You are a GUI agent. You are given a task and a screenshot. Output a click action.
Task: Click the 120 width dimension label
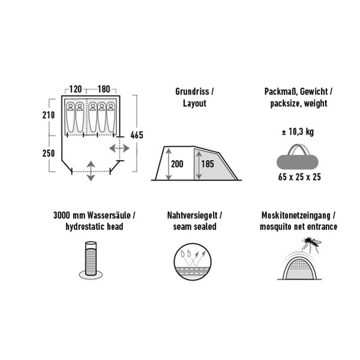tap(76, 89)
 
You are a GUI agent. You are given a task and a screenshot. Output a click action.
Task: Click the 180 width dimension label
tap(104, 89)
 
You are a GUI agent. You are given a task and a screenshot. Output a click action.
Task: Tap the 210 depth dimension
tap(49, 115)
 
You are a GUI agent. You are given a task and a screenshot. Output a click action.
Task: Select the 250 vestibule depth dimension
tap(49, 154)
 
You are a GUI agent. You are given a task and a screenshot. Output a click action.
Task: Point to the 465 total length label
tap(137, 135)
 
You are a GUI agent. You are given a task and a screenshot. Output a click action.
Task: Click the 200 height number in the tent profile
tap(177, 164)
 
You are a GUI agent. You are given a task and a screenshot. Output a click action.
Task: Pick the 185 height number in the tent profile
tap(208, 164)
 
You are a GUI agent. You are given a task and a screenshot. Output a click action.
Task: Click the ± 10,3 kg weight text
tap(298, 132)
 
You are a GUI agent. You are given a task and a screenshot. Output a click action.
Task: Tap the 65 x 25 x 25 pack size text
tap(299, 177)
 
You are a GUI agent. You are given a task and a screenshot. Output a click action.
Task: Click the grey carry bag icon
tap(298, 157)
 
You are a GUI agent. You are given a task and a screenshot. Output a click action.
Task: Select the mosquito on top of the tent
tap(313, 244)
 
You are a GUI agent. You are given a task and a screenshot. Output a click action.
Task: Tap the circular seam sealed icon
tap(193, 262)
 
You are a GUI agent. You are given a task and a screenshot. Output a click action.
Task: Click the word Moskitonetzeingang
tap(296, 215)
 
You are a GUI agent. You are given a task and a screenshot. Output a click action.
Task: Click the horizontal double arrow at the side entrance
tap(119, 149)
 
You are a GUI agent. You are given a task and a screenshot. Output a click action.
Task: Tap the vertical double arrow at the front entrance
tap(91, 171)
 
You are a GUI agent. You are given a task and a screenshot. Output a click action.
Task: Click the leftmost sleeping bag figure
tap(70, 118)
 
